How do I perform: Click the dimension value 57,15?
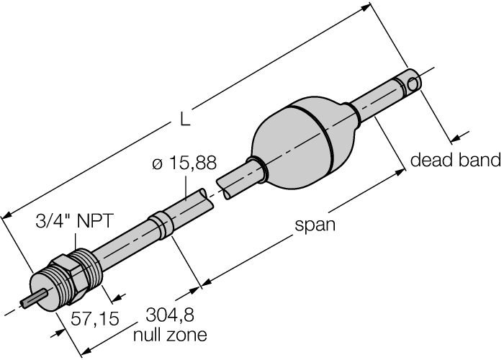[x=94, y=318]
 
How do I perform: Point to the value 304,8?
[x=170, y=316]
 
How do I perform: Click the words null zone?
[x=170, y=335]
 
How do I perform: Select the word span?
[x=315, y=225]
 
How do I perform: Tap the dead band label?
[x=455, y=161]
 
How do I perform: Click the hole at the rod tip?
[x=414, y=84]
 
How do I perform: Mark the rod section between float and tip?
[x=378, y=99]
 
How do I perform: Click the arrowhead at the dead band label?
[x=455, y=138]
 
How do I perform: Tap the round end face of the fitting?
[x=45, y=291]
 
